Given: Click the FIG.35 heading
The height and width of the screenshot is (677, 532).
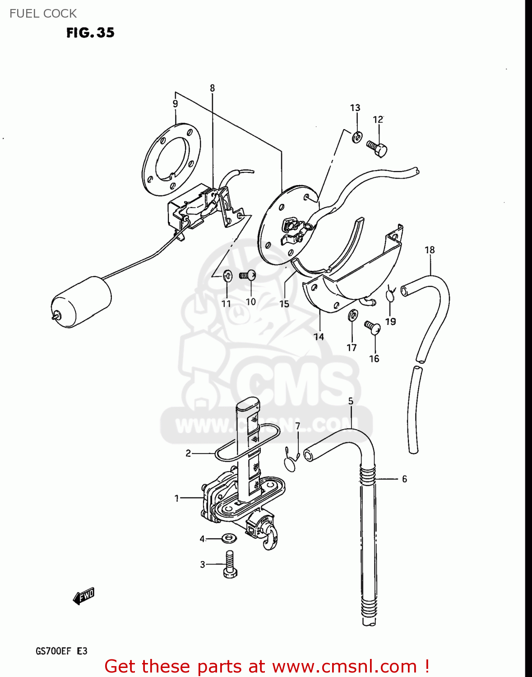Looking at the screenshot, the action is (90, 32).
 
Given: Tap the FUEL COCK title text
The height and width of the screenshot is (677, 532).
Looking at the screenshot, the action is (43, 14).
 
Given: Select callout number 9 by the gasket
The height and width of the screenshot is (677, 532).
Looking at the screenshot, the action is (176, 104).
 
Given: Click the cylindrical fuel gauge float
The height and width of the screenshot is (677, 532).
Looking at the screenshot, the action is (81, 301).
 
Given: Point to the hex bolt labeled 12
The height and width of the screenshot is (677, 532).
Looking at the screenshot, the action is (377, 149).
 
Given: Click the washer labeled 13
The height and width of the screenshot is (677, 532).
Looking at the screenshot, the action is (357, 137).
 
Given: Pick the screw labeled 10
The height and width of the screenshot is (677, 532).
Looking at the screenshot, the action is (248, 275).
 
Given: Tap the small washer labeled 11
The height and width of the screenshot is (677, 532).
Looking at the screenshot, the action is (228, 276).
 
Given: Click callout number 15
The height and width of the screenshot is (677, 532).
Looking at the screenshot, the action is (284, 304).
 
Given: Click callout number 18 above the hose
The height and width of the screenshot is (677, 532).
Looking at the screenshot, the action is (430, 250).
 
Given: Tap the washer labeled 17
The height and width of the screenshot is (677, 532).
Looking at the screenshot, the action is (353, 315).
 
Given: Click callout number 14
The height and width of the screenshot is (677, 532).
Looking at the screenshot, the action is (319, 337).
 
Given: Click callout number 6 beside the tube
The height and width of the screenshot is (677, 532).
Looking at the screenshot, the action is (404, 479).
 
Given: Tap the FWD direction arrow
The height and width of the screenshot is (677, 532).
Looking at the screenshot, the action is (83, 596).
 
